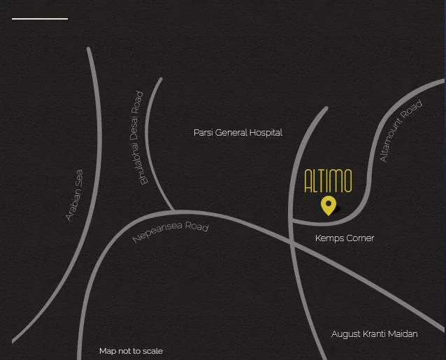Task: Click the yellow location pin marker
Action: pyautogui.click(x=328, y=205)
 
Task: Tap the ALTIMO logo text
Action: pyautogui.click(x=328, y=181)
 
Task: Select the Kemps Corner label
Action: pyautogui.click(x=345, y=238)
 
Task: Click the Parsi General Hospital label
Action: pyautogui.click(x=238, y=132)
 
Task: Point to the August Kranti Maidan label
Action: pyautogui.click(x=374, y=334)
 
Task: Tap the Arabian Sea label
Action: pyautogui.click(x=74, y=196)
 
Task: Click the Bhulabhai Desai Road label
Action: pyautogui.click(x=141, y=138)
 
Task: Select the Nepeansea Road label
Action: pyautogui.click(x=171, y=232)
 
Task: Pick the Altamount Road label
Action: pyautogui.click(x=401, y=131)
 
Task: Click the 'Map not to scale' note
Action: pyautogui.click(x=131, y=351)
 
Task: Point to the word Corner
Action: pyautogui.click(x=359, y=238)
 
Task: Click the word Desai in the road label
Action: pyautogui.click(x=139, y=139)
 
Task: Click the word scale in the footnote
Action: pyautogui.click(x=152, y=351)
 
